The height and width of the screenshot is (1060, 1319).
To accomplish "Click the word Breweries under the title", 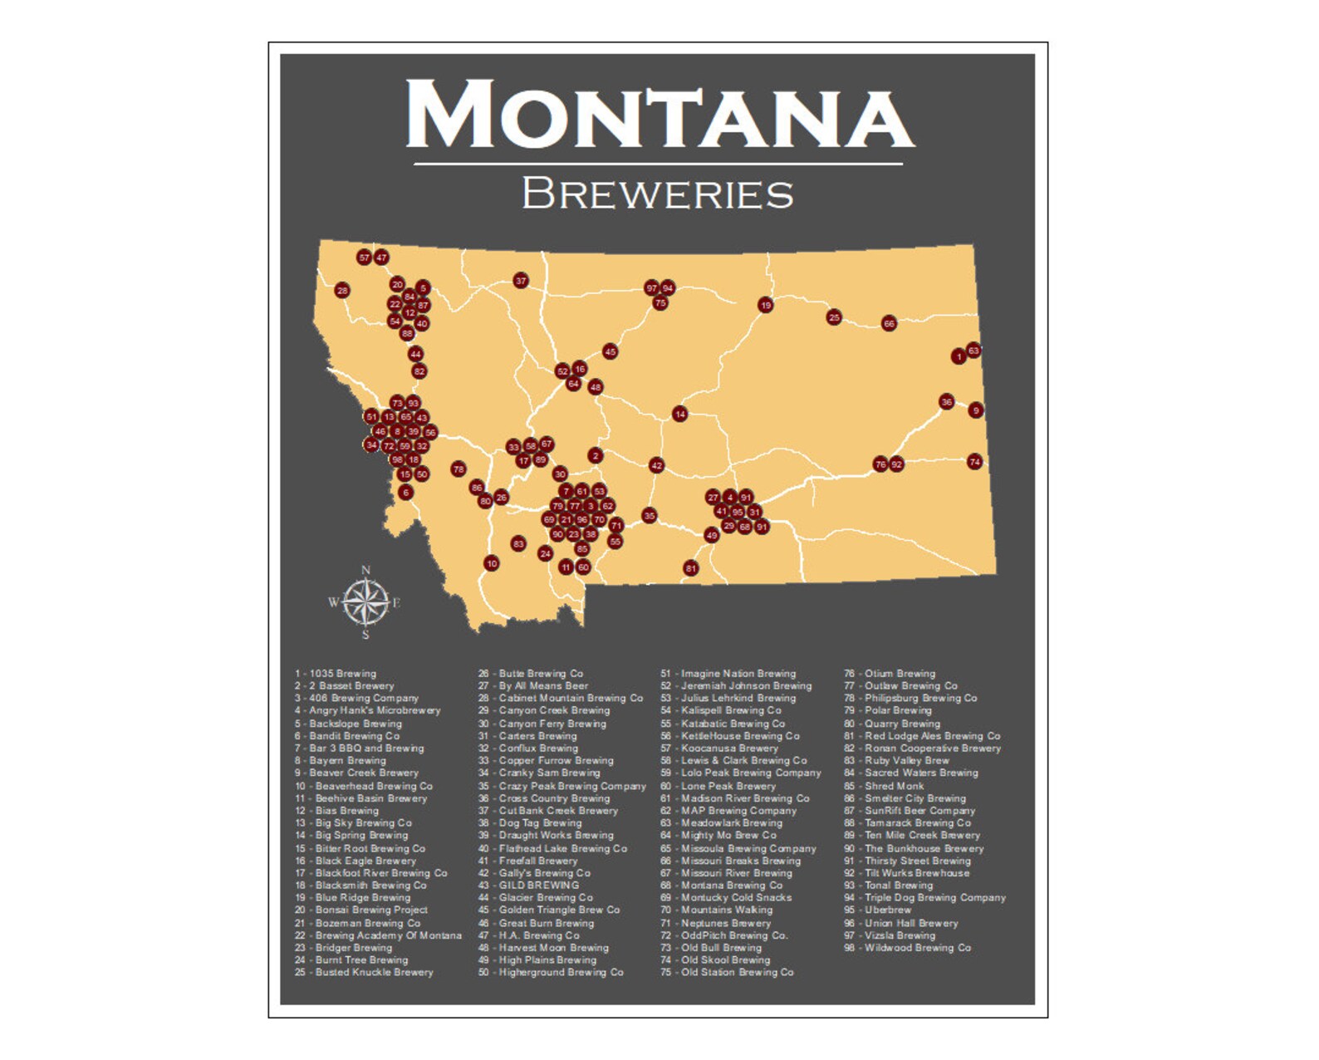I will (657, 194).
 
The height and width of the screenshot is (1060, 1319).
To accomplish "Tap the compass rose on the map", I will (365, 602).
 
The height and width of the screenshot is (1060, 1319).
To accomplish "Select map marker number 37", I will (521, 281).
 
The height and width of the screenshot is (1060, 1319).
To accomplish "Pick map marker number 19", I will (765, 305).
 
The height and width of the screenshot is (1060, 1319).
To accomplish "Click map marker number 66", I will (889, 323).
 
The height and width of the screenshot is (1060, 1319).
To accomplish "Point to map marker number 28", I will (342, 291).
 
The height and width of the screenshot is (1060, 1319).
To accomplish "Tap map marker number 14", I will (679, 414).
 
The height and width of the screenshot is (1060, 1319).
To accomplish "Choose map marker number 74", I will (974, 462).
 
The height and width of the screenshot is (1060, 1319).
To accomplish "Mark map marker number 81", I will (690, 568).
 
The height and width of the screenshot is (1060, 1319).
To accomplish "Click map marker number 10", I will (492, 563).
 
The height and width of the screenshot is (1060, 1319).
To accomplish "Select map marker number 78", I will (458, 469).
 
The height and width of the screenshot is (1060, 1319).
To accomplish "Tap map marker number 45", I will (610, 351).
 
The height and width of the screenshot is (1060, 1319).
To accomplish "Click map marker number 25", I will (834, 317).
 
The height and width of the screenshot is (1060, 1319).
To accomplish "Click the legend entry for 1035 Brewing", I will (336, 674).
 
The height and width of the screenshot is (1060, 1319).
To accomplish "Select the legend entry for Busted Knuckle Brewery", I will (365, 972).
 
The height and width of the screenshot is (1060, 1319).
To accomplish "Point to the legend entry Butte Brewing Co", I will (532, 674).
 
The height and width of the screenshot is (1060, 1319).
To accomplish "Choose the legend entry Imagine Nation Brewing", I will (728, 674).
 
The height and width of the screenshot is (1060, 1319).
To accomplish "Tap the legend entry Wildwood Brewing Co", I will (908, 948).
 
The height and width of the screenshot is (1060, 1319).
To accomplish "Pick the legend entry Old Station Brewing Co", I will (728, 972).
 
